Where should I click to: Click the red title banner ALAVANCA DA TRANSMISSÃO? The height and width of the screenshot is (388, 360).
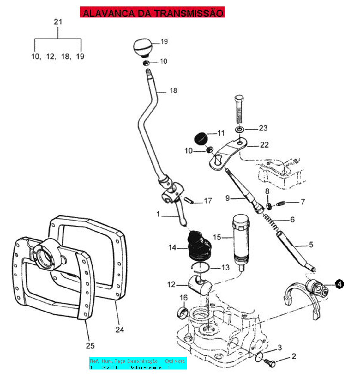coord(152,12)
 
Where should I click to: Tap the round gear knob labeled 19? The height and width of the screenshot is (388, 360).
coord(143,47)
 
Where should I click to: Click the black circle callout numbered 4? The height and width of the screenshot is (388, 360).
coord(339,284)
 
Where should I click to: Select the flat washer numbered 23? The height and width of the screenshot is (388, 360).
coord(239,130)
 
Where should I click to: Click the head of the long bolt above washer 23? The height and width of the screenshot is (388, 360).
coord(239,97)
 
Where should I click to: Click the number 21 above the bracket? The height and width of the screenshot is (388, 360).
coord(58,22)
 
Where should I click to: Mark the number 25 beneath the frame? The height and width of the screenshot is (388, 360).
coord(90,345)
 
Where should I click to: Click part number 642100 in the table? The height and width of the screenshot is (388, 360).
coord(109,367)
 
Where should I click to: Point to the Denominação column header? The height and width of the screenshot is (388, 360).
coord(142,361)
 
